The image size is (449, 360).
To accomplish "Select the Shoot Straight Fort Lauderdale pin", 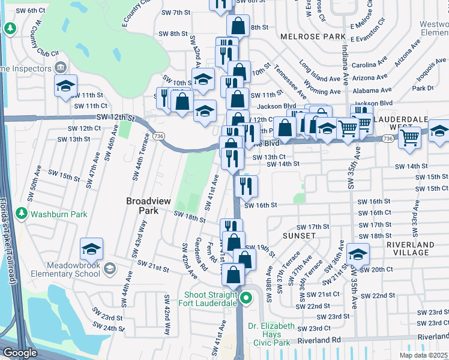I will [x=246, y=298].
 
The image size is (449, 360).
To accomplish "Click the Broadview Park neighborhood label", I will [x=142, y=205].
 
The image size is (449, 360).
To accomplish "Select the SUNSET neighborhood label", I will [x=299, y=236].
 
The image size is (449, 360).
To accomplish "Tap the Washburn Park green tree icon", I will [x=22, y=214].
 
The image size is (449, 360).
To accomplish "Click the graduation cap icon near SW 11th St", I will [x=65, y=86].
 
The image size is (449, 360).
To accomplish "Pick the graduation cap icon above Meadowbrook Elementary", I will [x=91, y=248].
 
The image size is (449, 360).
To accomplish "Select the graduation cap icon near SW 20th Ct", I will [x=358, y=256].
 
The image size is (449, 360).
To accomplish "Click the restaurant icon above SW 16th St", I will [x=247, y=186].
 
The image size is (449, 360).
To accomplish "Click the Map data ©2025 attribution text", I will [x=423, y=355].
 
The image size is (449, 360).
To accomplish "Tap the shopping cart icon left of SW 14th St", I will [x=409, y=137].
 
